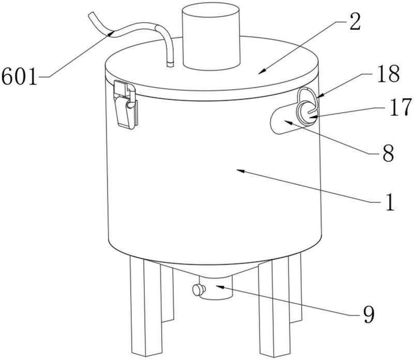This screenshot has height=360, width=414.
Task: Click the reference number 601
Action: [x=19, y=76]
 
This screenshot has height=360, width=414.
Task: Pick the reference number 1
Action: [x=390, y=202]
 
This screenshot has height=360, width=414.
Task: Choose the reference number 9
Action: [x=368, y=315]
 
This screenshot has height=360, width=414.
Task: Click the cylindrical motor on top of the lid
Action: [x=211, y=36]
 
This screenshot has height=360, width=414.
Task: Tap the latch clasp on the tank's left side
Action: [x=125, y=105]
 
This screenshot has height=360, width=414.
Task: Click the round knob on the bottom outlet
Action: [x=199, y=290]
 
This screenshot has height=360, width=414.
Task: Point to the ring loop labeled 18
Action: [x=307, y=98]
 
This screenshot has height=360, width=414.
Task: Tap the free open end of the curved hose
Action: [x=91, y=14]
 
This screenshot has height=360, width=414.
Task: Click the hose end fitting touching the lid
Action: [x=170, y=64]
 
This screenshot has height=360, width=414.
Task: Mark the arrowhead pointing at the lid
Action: [x=261, y=72]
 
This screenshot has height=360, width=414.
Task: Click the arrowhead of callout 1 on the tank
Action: [x=240, y=171]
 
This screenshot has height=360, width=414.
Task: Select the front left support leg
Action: [x=145, y=307]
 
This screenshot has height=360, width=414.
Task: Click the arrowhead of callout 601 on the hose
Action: [x=111, y=34]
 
